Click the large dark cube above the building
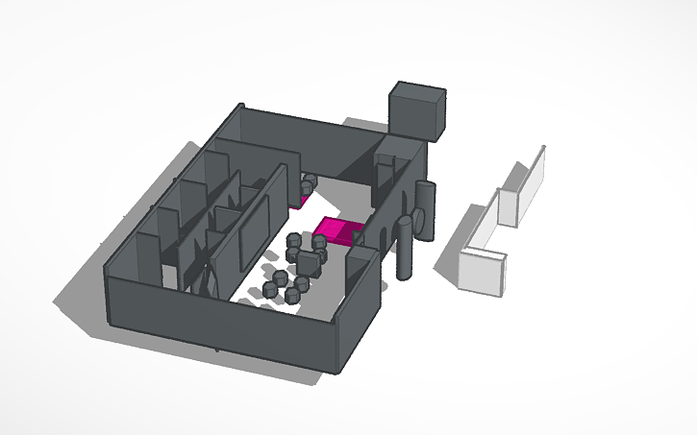[416, 109]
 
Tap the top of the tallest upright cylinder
[406, 222]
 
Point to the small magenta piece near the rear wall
[296, 203]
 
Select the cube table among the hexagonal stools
[310, 261]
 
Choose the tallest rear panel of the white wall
[531, 185]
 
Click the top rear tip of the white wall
[542, 148]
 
